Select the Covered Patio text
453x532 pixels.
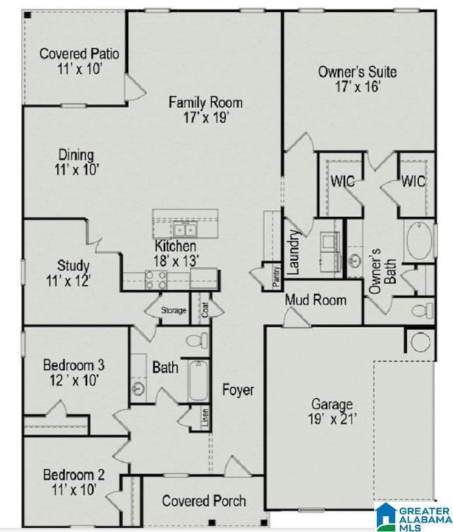click(x=79, y=54)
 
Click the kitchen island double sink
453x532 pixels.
click(x=185, y=229)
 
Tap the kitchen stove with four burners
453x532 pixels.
click(x=155, y=280)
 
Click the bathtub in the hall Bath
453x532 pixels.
click(x=199, y=380)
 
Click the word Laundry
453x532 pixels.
click(x=293, y=251)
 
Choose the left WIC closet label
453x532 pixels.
click(x=342, y=181)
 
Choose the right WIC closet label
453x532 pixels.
click(x=413, y=181)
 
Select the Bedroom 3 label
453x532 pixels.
click(x=74, y=365)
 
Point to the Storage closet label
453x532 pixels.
click(x=174, y=310)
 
